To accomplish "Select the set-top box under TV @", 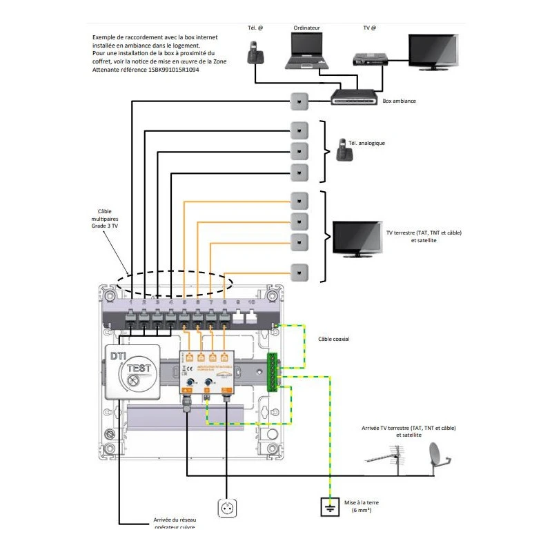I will click(371, 58).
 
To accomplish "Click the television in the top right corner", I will click(435, 51).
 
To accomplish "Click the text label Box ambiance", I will click(400, 101).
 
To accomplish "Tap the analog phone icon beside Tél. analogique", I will click(342, 150).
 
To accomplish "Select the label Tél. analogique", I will click(366, 144).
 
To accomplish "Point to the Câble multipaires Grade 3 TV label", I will click(104, 219).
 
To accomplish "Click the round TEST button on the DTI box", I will click(133, 378).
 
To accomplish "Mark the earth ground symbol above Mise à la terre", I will click(331, 509).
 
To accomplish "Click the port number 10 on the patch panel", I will click(253, 302).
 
